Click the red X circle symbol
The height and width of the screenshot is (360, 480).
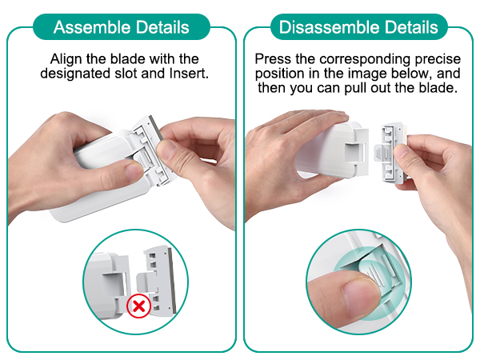click(x=138, y=306)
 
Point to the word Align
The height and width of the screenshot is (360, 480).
click(x=66, y=59)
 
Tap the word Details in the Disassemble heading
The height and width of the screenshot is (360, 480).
click(x=411, y=27)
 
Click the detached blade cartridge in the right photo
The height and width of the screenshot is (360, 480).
click(x=390, y=153)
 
